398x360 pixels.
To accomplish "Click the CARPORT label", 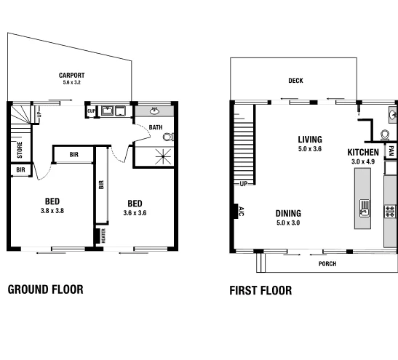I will [x=72, y=75].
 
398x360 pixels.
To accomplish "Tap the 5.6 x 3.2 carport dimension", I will [x=72, y=83].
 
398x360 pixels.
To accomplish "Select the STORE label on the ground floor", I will [x=18, y=151].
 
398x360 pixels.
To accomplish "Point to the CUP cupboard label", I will [x=92, y=111].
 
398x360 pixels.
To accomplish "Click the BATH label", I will [x=156, y=127].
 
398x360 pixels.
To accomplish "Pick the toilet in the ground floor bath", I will [x=168, y=136].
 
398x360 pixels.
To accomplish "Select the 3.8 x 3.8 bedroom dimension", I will [x=52, y=212].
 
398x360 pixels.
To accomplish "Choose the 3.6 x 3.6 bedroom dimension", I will [x=135, y=213].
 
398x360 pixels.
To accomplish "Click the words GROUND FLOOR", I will [x=45, y=289].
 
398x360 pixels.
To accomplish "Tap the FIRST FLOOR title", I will [x=260, y=290].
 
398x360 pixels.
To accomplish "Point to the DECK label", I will [x=295, y=81].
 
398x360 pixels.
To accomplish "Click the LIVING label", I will [x=310, y=140].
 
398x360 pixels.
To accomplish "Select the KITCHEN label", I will [x=363, y=152].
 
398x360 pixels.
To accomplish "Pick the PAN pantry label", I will [x=391, y=151].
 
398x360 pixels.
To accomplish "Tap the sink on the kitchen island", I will [x=364, y=212].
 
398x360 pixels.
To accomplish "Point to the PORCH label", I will [x=327, y=263].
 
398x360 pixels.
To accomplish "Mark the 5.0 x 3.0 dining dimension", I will [x=289, y=223].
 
